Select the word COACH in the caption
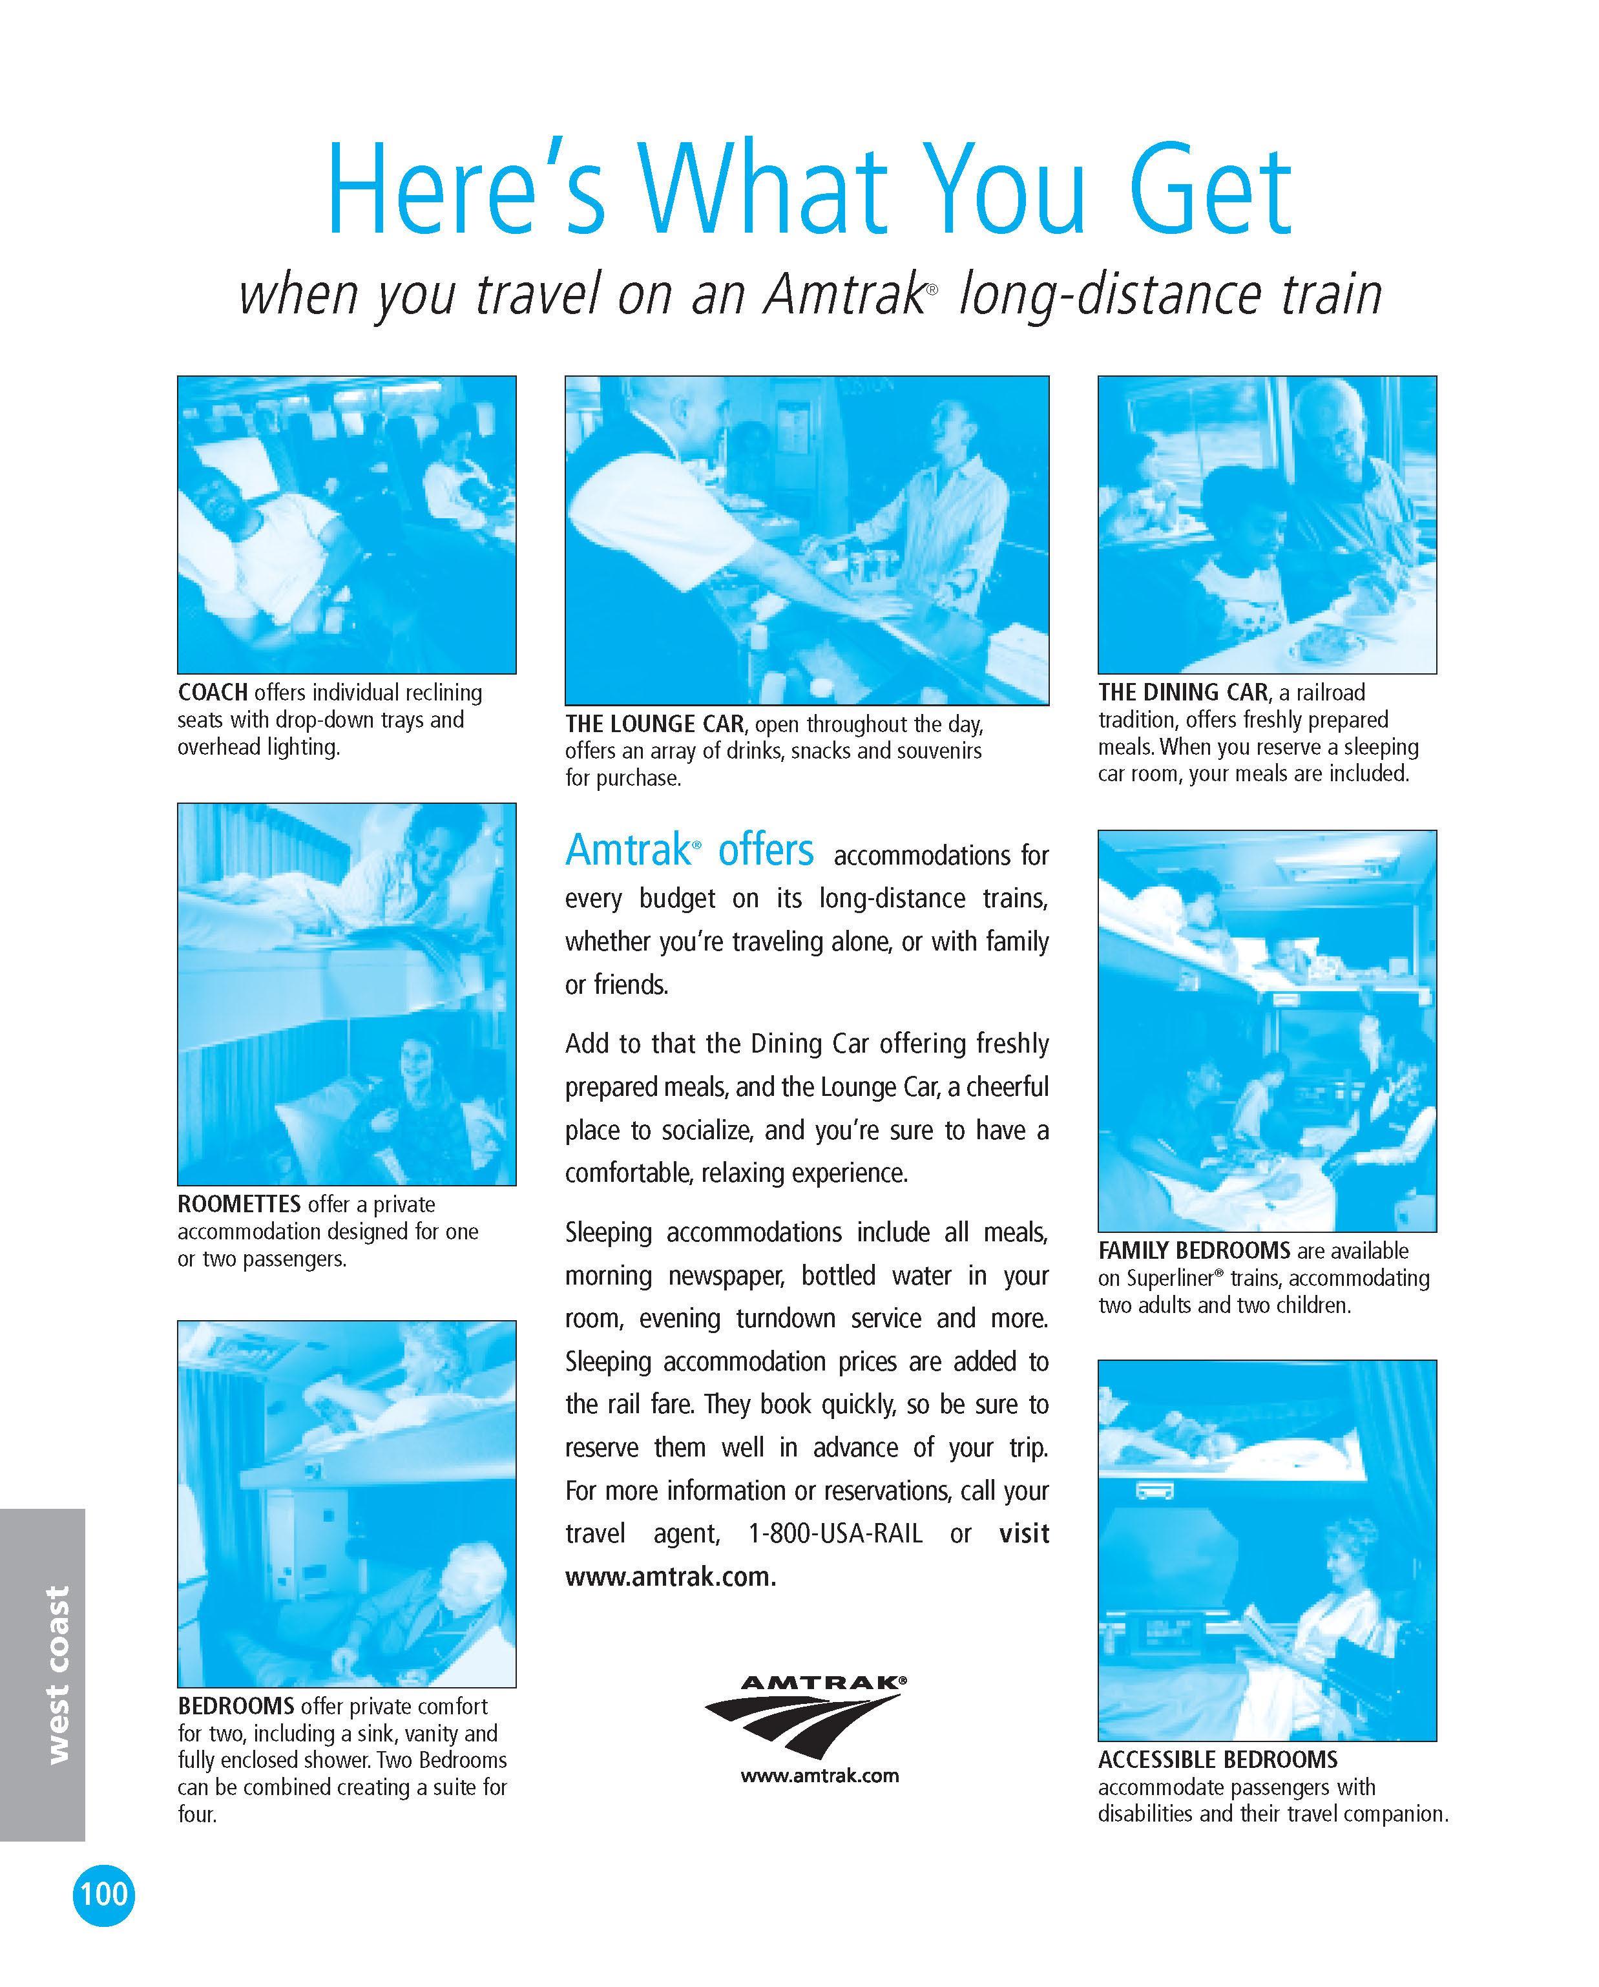click(x=213, y=692)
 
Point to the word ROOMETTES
click(x=240, y=1204)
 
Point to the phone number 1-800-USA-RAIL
click(x=835, y=1533)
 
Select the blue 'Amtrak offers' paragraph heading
click(x=689, y=850)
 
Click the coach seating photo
click(x=346, y=525)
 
